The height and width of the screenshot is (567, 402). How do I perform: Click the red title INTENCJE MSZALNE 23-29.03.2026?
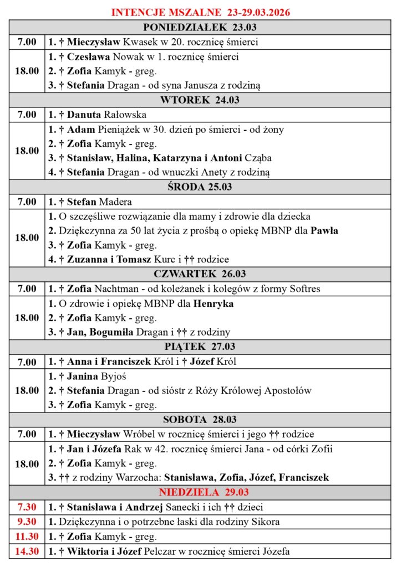click(201, 12)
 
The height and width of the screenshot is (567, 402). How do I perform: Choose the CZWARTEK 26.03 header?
click(200, 274)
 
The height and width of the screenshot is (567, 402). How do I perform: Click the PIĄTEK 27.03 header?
click(200, 347)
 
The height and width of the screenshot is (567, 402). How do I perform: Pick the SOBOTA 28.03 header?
click(200, 420)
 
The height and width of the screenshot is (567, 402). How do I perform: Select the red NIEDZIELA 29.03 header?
click(200, 492)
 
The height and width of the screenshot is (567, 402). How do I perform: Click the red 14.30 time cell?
click(28, 551)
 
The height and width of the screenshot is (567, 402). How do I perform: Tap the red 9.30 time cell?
click(28, 522)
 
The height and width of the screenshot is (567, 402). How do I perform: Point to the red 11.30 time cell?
click(28, 536)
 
